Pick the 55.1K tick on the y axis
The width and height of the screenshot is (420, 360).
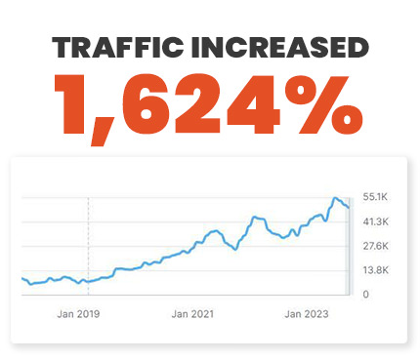tap(377, 197)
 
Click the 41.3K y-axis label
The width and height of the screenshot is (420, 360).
tap(377, 221)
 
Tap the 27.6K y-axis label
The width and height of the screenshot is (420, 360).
tap(377, 246)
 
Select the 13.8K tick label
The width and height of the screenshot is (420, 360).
tap(377, 270)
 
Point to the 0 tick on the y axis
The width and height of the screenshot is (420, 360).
tap(366, 294)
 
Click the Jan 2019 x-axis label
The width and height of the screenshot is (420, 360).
tap(78, 314)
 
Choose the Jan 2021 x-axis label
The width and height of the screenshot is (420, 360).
tap(191, 314)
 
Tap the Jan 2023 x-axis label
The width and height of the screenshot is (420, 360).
tap(305, 314)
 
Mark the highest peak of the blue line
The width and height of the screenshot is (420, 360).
tap(335, 198)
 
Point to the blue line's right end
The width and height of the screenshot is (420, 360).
tap(349, 207)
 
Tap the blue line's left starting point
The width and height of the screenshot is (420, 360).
tap(21, 279)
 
